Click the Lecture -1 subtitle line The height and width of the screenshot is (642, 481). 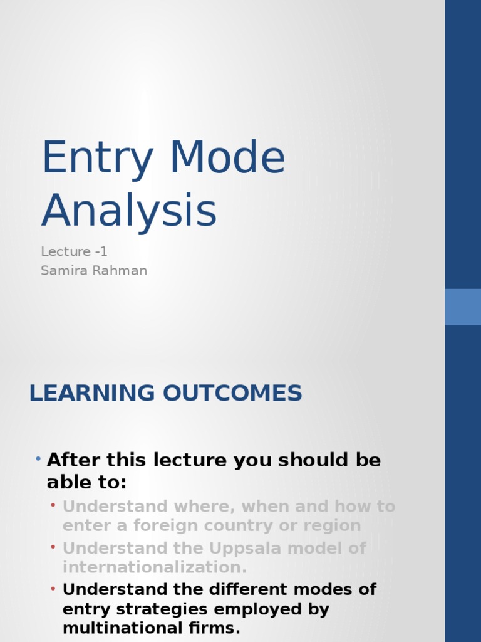(x=75, y=251)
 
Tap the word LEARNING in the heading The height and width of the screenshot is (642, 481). (x=91, y=393)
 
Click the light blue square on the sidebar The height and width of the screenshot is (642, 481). (x=463, y=307)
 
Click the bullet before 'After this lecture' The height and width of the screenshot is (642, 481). (x=38, y=460)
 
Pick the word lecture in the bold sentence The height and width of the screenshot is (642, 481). (x=189, y=460)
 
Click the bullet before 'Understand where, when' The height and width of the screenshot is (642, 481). (x=54, y=505)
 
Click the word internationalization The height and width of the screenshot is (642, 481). (x=155, y=567)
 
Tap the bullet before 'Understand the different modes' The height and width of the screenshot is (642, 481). (x=54, y=589)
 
